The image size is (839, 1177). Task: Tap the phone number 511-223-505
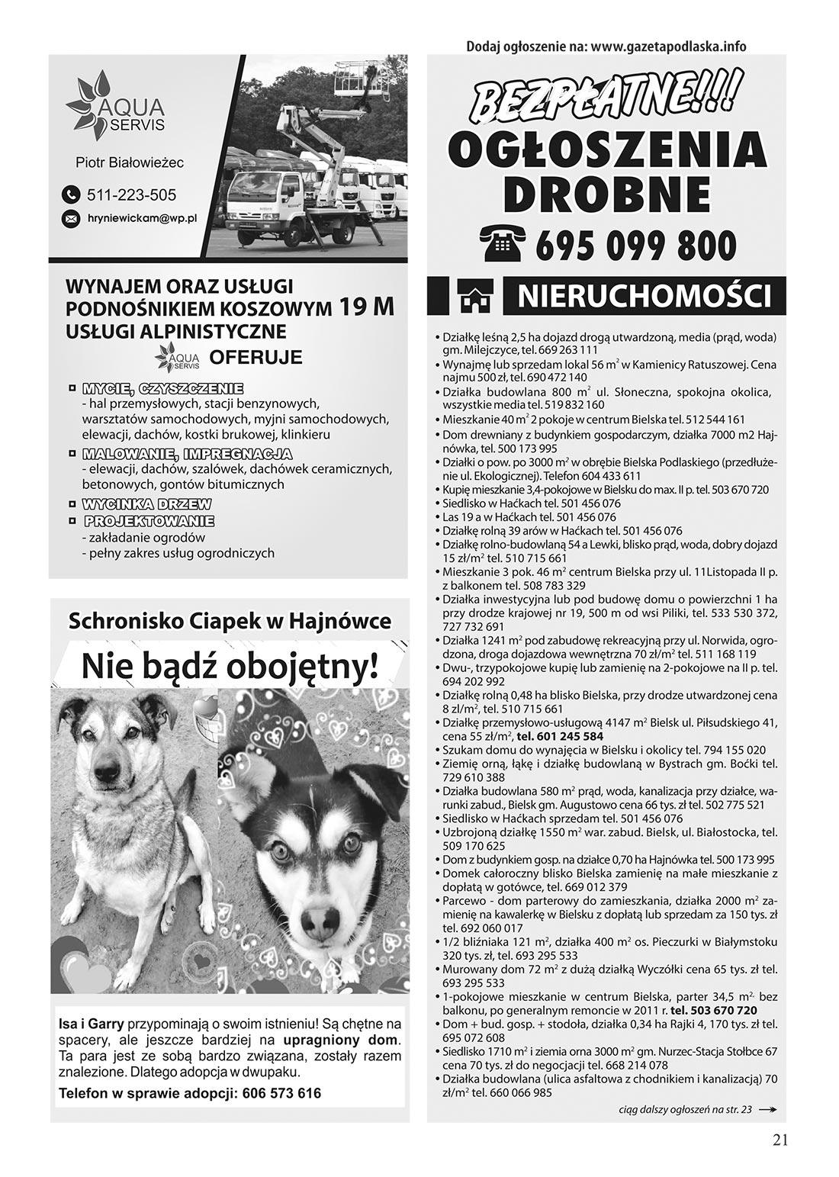point(131,195)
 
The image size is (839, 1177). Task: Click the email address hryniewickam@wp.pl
point(142,218)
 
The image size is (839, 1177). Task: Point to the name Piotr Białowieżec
point(130,162)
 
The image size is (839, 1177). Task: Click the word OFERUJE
point(256,357)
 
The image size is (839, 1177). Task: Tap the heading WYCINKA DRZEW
point(146,504)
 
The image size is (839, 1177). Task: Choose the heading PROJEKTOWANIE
point(149,522)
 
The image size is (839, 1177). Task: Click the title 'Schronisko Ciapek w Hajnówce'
point(230,621)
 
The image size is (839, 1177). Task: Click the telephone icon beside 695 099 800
point(504,243)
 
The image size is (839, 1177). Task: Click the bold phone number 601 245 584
point(561,736)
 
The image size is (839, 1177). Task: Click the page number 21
point(780,1140)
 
